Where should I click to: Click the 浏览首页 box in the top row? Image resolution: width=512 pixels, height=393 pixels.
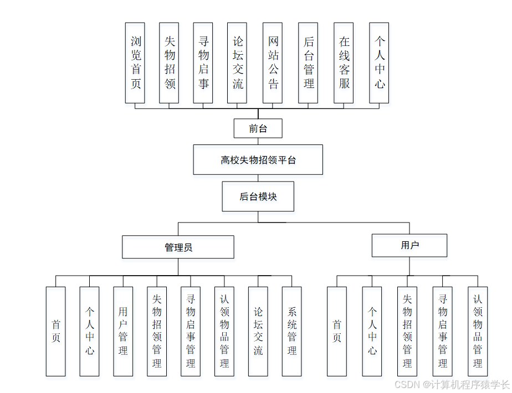coord(135,63)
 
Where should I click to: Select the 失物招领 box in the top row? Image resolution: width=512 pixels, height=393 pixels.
coord(169,63)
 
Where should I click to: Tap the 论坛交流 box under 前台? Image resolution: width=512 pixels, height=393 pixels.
coord(237,63)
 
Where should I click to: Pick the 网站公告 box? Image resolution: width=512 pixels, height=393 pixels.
coord(273,63)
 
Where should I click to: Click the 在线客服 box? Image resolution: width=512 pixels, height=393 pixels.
coord(344,63)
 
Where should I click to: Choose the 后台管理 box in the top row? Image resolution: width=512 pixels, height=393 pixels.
coord(308,63)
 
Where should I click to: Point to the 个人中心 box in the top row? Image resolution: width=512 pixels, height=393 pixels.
coord(379,63)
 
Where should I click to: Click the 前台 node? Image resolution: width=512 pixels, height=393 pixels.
coord(258,128)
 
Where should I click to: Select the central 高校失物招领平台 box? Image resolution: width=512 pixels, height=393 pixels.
coord(258,160)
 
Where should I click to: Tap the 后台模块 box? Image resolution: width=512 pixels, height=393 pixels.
coord(258,196)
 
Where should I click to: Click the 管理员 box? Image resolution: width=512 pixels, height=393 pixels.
coord(178,247)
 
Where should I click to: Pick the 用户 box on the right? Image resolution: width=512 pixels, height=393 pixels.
coord(409,245)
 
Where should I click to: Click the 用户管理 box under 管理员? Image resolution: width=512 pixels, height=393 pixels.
coord(123,331)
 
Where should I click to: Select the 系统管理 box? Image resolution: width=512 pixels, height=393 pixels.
coord(291,331)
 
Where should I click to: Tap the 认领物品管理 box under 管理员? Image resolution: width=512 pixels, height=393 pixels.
coord(224,331)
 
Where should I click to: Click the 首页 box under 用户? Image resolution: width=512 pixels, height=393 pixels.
coord(337,331)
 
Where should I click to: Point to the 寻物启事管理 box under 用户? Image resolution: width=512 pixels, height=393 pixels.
coord(442,331)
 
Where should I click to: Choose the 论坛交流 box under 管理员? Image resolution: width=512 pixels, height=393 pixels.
coord(258,331)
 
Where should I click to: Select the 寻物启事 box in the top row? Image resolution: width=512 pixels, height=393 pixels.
coord(203,63)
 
